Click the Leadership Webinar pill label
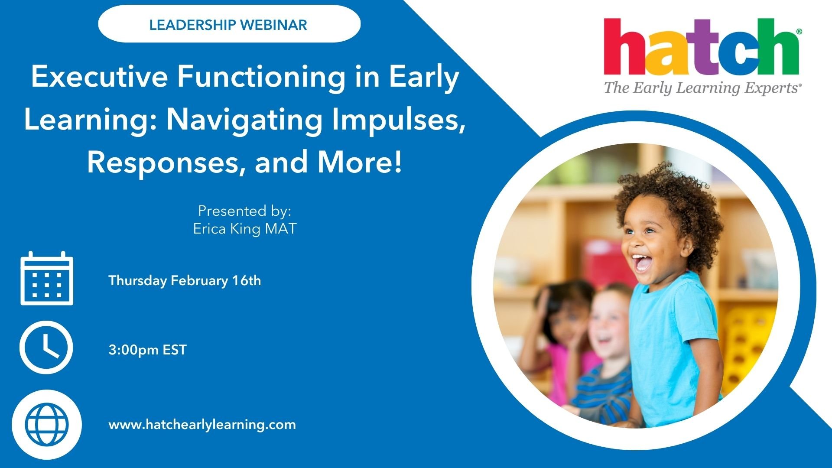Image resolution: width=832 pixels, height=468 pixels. click(x=229, y=25)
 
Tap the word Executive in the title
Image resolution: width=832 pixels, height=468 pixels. click(x=99, y=77)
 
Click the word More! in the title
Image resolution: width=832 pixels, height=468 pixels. click(x=360, y=162)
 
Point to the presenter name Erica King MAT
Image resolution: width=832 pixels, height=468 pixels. click(x=245, y=229)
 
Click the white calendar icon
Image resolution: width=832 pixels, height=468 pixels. click(x=47, y=278)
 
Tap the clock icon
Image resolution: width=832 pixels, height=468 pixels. click(x=46, y=348)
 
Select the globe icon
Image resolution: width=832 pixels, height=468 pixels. click(x=46, y=424)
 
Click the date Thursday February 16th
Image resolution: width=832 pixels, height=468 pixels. click(x=185, y=281)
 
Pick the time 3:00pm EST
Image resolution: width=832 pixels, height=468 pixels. click(x=147, y=350)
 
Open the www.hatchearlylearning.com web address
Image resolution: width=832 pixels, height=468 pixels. click(x=202, y=425)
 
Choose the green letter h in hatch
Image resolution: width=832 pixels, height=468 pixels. click(x=779, y=46)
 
